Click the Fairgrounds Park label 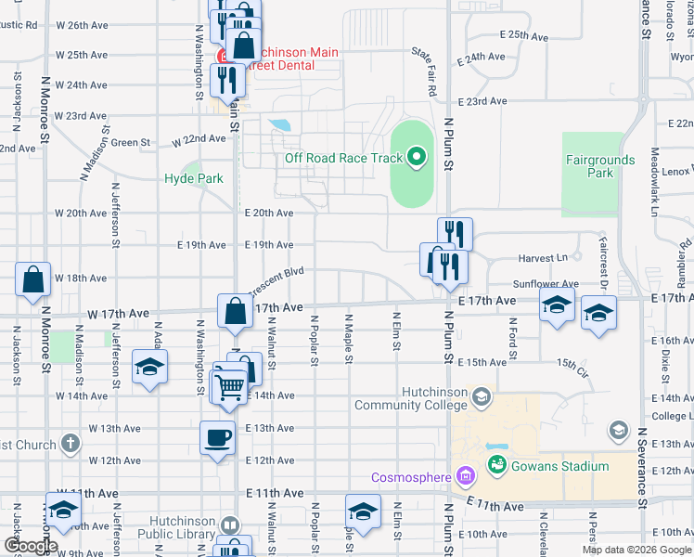coord(601,166)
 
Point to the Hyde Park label coord(194,178)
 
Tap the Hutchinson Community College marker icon coord(481,398)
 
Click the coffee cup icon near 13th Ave coord(218,437)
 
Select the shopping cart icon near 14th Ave coord(229,385)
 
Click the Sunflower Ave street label coord(545,284)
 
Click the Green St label coord(131,143)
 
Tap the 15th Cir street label coord(572,362)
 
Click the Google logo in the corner coord(31,546)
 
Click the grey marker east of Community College coord(618,430)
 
